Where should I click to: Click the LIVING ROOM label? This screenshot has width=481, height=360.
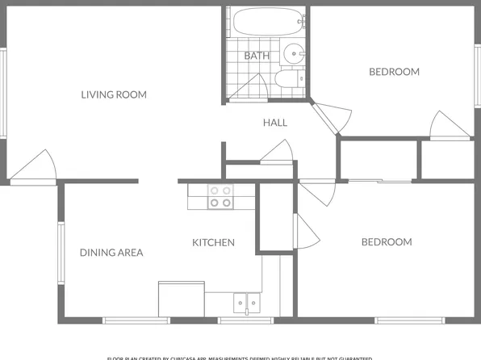[x=114, y=94]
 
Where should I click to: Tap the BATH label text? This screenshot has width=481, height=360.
[x=257, y=56]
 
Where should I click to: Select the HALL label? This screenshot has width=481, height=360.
[x=274, y=123]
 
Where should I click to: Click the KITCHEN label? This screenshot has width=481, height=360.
[x=213, y=242]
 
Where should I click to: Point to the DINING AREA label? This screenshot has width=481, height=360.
[x=111, y=253]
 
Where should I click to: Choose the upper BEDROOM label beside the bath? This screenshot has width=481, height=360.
[x=394, y=72]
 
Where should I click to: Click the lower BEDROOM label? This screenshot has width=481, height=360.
[x=386, y=242]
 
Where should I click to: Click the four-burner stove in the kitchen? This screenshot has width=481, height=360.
[x=220, y=197]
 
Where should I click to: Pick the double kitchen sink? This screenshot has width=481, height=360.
[x=247, y=303]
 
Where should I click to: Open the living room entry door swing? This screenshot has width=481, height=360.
[x=37, y=168]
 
